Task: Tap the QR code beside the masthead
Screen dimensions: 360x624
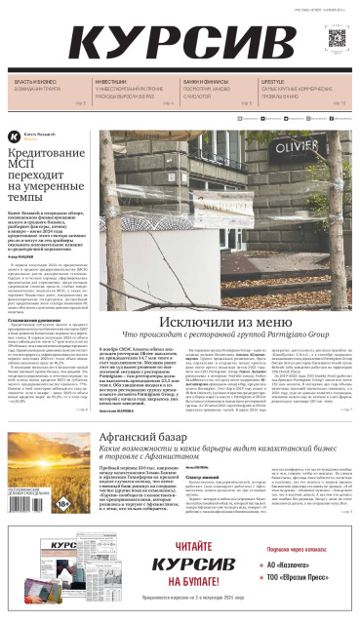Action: (338, 40)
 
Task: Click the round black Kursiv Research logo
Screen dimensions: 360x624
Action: (14, 136)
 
